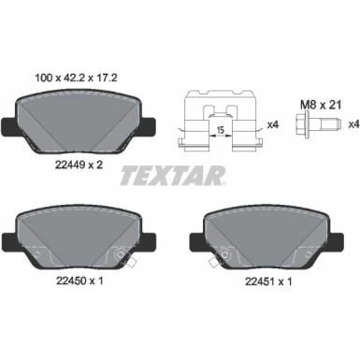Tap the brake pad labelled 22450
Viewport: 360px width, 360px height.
pyautogui.click(x=76, y=246)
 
